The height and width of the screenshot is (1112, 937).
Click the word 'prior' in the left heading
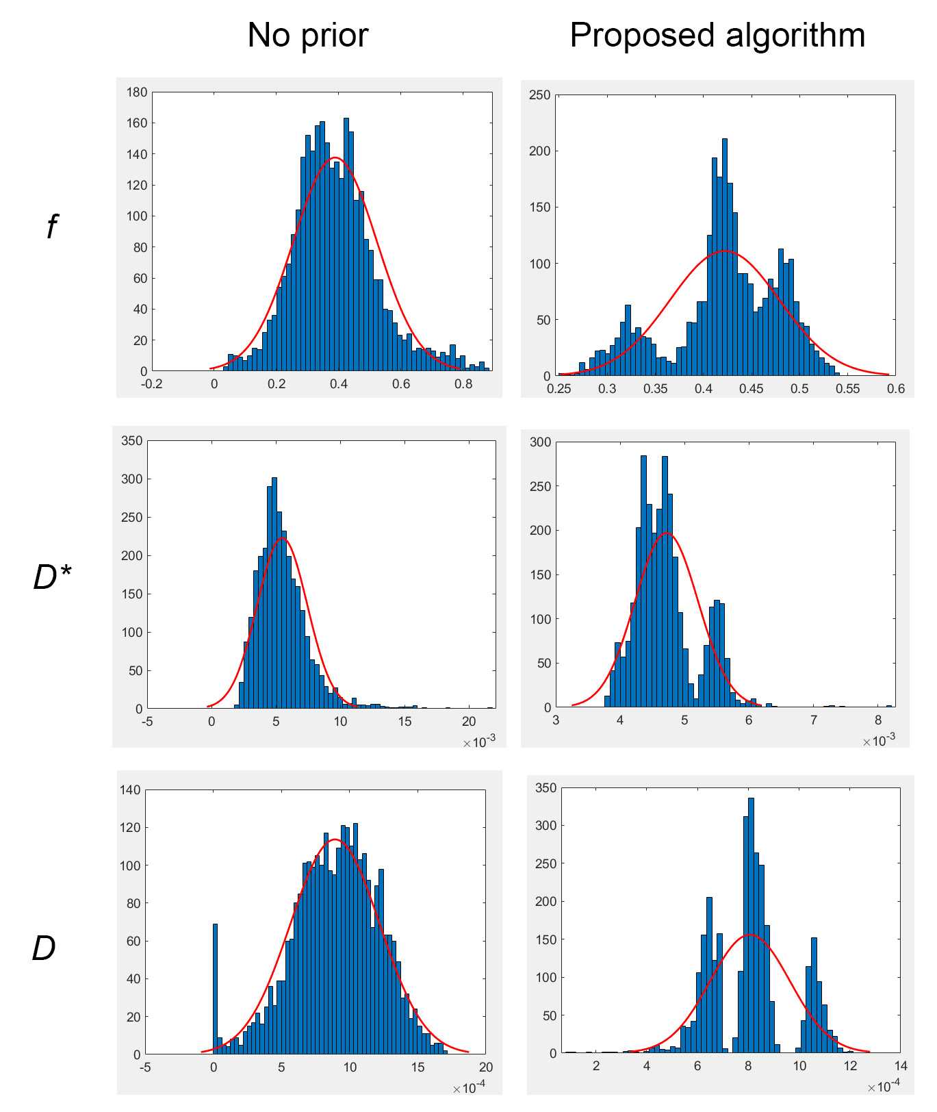[x=335, y=36]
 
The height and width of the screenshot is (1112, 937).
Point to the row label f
[x=53, y=227]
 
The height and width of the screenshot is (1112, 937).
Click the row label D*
[x=52, y=577]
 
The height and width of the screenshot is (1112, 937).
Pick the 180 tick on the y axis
[x=137, y=92]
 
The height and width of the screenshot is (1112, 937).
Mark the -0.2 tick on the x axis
[x=152, y=384]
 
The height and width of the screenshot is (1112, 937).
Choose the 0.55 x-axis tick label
[x=847, y=389]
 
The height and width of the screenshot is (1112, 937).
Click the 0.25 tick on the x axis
[x=559, y=389]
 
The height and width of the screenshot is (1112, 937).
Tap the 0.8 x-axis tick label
[x=463, y=384]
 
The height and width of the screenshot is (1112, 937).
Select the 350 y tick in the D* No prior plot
[x=132, y=441]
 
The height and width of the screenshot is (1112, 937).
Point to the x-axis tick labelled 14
[x=901, y=1066]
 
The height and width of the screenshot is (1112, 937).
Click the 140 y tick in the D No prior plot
[x=130, y=790]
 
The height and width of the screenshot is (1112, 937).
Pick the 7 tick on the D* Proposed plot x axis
[x=814, y=720]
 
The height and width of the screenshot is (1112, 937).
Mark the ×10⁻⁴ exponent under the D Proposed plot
[x=884, y=1086]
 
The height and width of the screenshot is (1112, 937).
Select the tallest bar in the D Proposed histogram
[x=751, y=925]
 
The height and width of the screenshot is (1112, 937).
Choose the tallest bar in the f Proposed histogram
[x=725, y=257]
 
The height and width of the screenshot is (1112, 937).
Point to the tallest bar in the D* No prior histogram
[x=274, y=593]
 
